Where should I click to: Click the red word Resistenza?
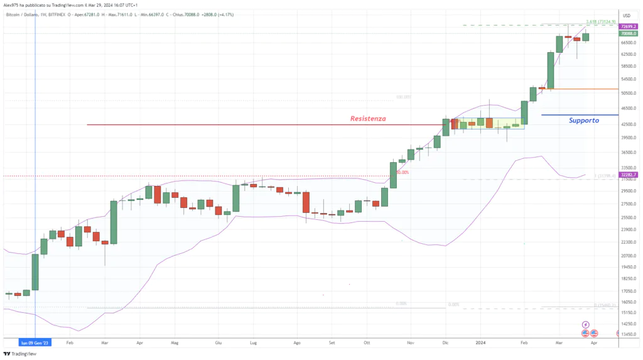pos(368,118)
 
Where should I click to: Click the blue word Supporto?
pos(583,120)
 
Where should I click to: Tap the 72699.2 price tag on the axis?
pos(630,28)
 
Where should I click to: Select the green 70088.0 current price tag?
pos(630,34)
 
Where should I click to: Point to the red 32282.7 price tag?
pos(630,174)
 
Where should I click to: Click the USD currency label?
pos(626,15)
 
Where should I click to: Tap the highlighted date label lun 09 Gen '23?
pos(35,344)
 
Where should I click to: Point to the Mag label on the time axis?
pos(175,344)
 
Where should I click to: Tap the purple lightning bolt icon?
pos(586,325)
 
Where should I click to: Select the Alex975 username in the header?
pos(13,5)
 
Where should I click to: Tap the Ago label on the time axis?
pos(296,344)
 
